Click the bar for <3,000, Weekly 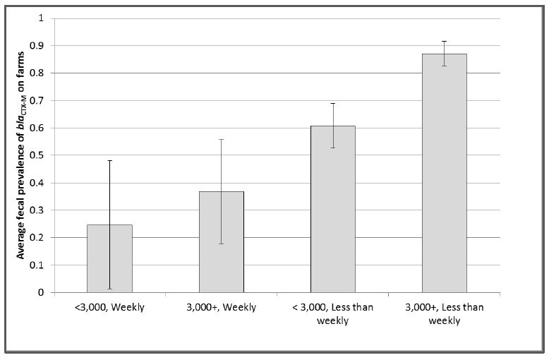109,258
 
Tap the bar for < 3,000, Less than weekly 332,209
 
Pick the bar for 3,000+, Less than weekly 444,173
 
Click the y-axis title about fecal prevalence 22,155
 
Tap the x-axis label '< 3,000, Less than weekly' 332,313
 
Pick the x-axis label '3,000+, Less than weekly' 444,313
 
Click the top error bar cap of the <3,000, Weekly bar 109,161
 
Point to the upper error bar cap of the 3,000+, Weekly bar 221,139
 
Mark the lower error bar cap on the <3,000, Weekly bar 109,289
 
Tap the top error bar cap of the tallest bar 444,41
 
